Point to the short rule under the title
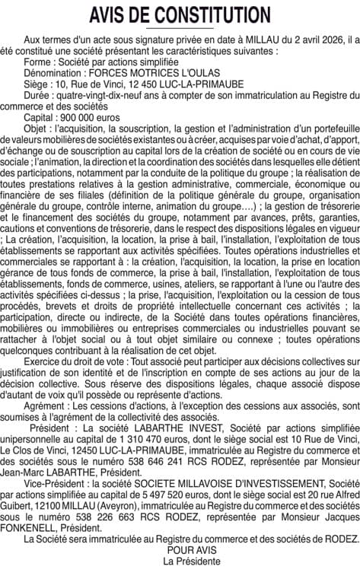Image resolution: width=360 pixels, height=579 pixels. coord(180,28)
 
